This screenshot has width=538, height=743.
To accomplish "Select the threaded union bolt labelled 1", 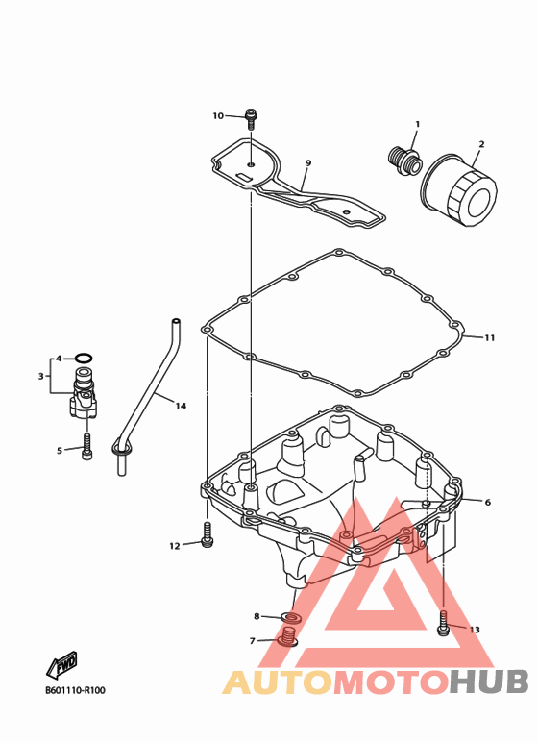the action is pos(403,162).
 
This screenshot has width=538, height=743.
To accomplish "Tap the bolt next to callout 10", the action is pos(251,118).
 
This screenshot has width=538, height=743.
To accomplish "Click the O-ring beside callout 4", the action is pos(84,359).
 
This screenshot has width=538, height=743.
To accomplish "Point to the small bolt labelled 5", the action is pos(87,446).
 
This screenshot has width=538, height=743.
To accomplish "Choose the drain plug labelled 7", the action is pos(288,636).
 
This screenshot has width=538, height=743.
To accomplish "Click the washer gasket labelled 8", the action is pos(292,617).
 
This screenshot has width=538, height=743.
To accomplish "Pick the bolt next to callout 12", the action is pos(207,534).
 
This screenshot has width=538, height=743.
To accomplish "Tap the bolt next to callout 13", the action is pos(442,623).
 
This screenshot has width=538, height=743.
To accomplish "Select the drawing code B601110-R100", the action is pos(75,690).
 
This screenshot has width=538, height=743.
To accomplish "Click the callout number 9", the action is pos(308,163).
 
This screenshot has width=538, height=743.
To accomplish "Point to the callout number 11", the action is pos(489,337).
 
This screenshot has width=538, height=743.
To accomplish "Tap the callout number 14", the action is pos(181,406).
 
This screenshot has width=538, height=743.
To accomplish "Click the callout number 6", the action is pos(488,503).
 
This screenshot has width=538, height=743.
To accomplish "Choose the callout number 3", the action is pos(40,376).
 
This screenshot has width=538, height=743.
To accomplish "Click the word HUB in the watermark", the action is pos(489,681).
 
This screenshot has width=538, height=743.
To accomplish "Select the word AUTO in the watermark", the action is pos(278,682).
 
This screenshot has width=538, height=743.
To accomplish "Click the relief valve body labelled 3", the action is pos(84,393).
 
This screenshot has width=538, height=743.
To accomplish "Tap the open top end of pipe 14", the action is pos(176,321).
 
